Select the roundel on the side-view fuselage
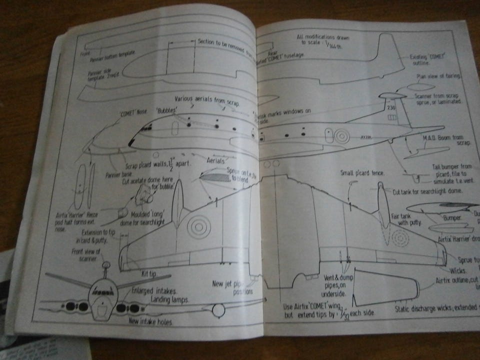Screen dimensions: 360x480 tap(341, 135)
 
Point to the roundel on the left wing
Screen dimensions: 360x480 tap(199, 226)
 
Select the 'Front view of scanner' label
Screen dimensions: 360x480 tap(86, 254)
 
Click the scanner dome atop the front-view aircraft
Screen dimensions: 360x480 tap(105, 264)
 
